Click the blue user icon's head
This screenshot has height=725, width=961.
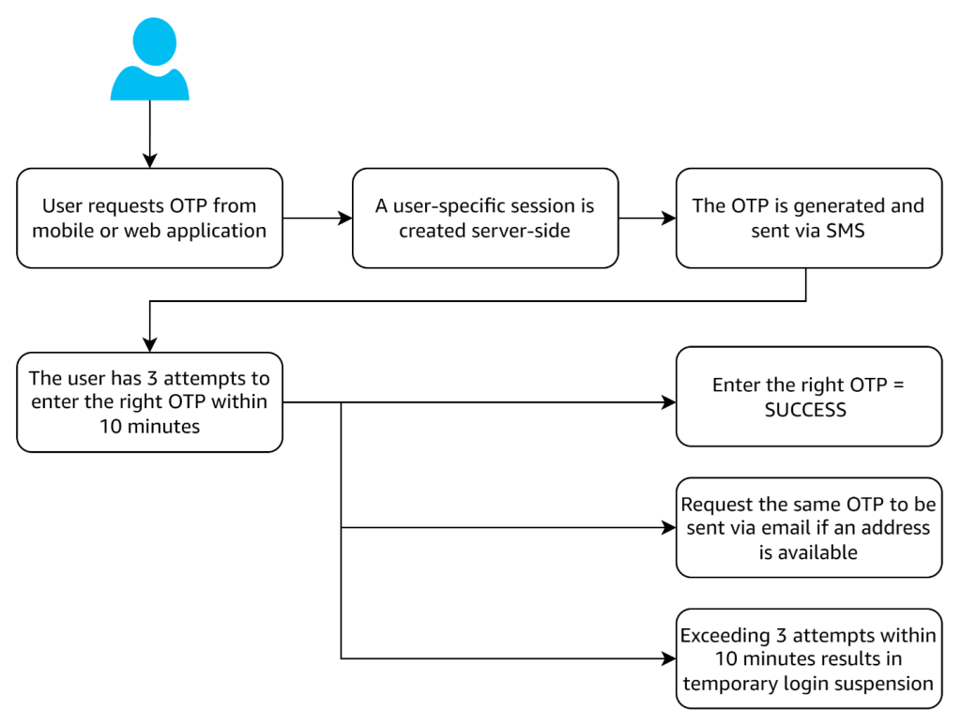150,43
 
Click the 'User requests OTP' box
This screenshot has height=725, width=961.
150,218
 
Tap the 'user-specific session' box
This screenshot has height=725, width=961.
484,218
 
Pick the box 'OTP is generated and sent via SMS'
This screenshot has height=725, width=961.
808,218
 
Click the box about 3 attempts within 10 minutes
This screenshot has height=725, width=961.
150,402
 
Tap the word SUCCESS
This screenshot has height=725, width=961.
805,410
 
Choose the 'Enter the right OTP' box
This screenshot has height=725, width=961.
808,397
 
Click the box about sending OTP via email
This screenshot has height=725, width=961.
808,527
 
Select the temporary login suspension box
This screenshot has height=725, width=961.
808,658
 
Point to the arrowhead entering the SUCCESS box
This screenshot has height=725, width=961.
669,403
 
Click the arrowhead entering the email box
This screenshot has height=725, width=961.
669,527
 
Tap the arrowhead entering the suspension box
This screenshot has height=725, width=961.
669,658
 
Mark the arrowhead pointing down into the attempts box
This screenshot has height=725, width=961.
150,344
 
